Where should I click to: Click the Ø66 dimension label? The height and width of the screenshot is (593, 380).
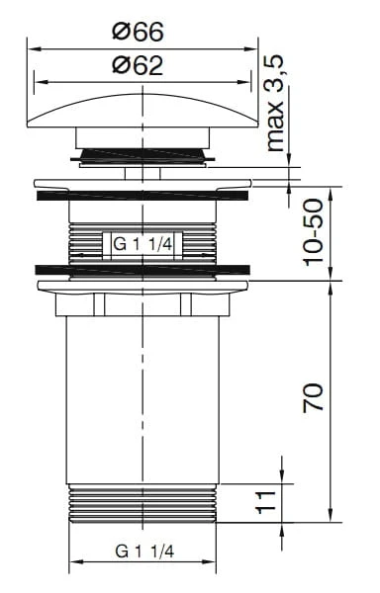139,32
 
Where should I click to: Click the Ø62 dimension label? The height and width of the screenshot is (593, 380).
139,65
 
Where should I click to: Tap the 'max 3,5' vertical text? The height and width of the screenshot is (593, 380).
275,103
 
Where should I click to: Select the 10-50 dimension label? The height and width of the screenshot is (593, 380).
314,232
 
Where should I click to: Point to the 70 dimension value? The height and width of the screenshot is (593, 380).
314,397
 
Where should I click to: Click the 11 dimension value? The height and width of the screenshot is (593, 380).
266,502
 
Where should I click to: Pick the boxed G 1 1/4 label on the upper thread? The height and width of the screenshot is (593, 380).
142,245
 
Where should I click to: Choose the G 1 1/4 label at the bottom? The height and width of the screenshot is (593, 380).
144,551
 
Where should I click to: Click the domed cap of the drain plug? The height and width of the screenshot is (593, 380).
142,111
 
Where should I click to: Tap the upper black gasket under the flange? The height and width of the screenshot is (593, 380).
142,196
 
